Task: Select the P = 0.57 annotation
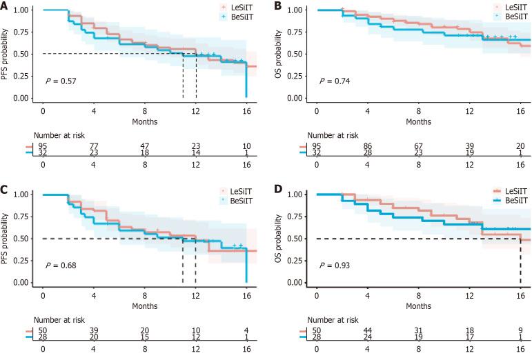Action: pyautogui.click(x=61, y=82)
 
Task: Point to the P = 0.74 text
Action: pyautogui.click(x=334, y=82)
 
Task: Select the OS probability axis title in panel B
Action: pyautogui.click(x=283, y=53)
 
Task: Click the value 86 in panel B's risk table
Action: pyautogui.click(x=368, y=146)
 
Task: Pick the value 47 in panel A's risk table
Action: pyautogui.click(x=145, y=146)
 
